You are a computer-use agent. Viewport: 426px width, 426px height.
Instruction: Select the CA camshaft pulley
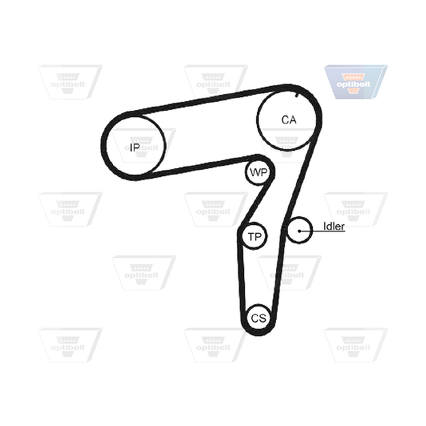coord(257,119)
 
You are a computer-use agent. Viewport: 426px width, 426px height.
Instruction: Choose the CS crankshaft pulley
coord(247,317)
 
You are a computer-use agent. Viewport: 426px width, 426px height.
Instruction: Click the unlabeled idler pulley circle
coord(287,231)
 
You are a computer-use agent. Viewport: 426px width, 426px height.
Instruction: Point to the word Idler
coord(334,226)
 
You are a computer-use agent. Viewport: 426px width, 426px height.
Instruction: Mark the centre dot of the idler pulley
coord(299,231)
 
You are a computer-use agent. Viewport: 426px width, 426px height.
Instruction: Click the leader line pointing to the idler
coord(322,231)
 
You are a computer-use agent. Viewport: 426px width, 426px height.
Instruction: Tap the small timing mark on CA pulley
coord(297,95)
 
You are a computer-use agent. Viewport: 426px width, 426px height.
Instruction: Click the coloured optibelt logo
coord(356,82)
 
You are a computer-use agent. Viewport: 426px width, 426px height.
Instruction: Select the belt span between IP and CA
coord(209,100)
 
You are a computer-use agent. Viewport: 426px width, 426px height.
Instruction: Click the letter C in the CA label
coord(285,120)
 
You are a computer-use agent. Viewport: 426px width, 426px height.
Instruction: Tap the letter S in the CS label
coord(263,318)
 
